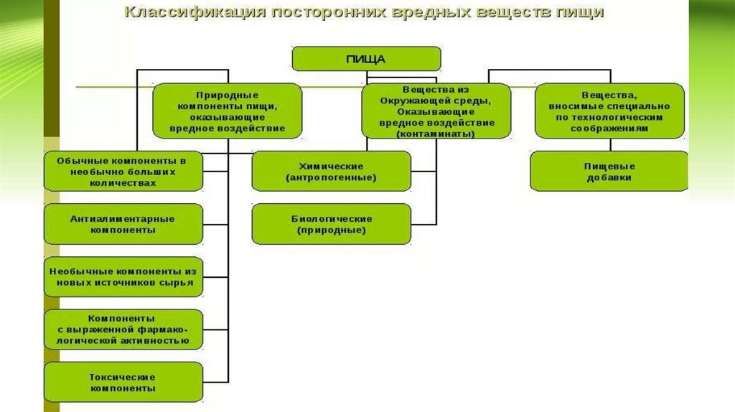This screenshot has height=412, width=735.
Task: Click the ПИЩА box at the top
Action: pyautogui.click(x=366, y=59)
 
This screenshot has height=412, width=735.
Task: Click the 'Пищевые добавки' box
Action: pyautogui.click(x=609, y=172)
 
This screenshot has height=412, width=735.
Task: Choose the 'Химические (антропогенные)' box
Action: pyautogui.click(x=331, y=171)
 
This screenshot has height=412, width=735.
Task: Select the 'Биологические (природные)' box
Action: pyautogui.click(x=331, y=224)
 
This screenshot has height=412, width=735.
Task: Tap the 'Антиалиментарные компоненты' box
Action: pyautogui.click(x=123, y=224)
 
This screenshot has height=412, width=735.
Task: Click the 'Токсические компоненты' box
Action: pyautogui.click(x=123, y=382)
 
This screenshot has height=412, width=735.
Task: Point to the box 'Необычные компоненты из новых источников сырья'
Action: pyautogui.click(x=123, y=277)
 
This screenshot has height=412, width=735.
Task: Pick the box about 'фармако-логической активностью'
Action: pyautogui.click(x=123, y=329)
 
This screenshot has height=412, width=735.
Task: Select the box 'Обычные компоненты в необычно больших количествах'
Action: pyautogui.click(x=123, y=171)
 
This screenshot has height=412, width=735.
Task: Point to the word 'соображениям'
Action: pyautogui.click(x=609, y=128)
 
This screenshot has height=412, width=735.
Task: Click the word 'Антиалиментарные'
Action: pyautogui.click(x=123, y=218)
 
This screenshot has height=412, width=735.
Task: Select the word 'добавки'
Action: pyautogui.click(x=609, y=177)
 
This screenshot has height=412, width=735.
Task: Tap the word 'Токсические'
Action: pyautogui.click(x=123, y=376)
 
